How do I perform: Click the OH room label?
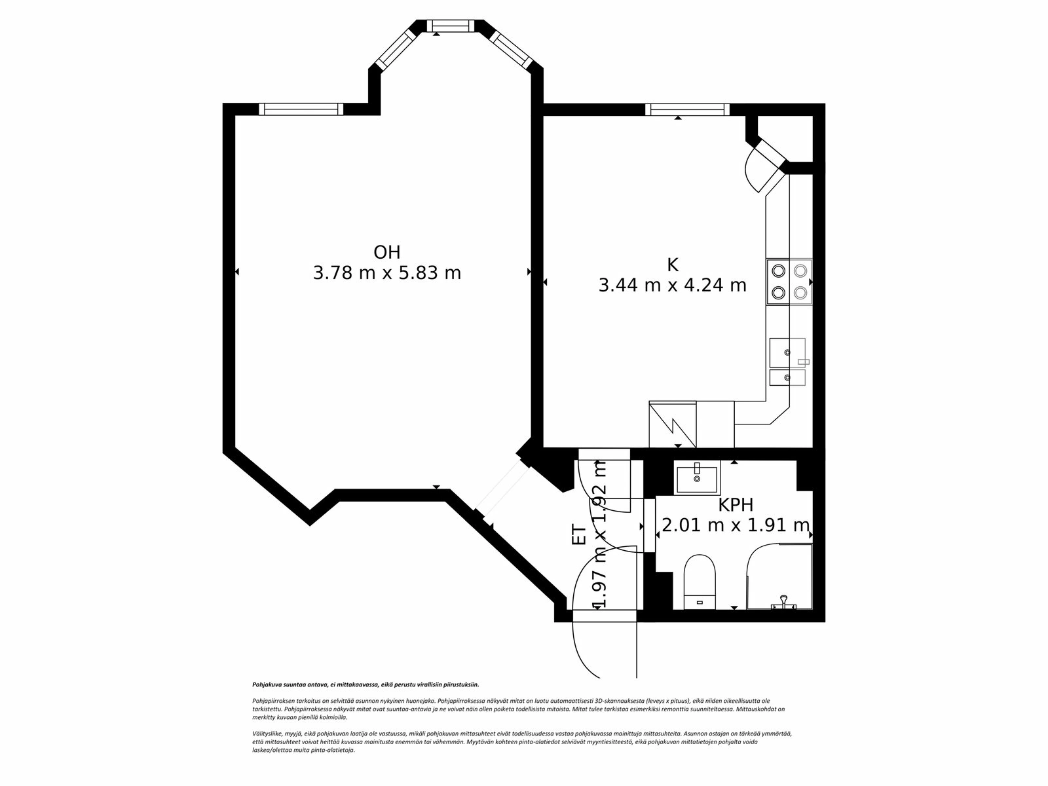[386, 252]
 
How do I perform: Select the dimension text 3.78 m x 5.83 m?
[386, 273]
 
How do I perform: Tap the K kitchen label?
[672, 265]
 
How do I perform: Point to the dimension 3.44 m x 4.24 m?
[672, 286]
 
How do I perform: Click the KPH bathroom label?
[735, 505]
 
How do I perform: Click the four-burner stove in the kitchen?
[789, 282]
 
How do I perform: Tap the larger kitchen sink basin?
[787, 352]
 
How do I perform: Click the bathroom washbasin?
[697, 477]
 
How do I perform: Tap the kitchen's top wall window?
[686, 109]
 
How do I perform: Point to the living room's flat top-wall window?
[301, 109]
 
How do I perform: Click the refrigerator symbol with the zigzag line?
[673, 424]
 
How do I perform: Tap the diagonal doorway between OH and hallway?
[501, 488]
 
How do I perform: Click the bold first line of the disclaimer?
[365, 684]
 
